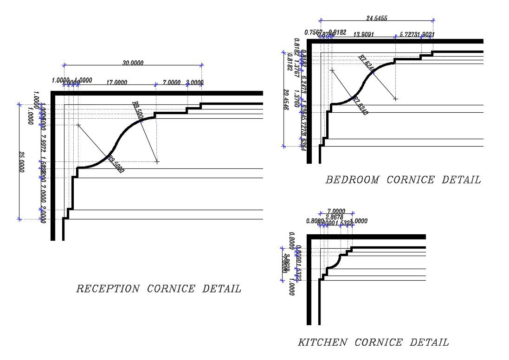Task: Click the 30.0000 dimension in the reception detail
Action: click(133, 63)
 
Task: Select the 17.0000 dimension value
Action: click(116, 83)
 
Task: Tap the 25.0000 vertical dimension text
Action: click(21, 162)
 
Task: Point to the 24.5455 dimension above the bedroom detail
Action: click(376, 19)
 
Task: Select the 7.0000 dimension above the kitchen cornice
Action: click(335, 211)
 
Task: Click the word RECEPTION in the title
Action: click(107, 289)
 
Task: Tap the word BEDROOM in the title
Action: click(352, 180)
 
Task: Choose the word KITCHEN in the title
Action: click(322, 342)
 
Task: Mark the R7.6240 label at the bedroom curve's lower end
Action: click(361, 106)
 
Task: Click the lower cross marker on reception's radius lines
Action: click(157, 161)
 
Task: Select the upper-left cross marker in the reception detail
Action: click(78, 125)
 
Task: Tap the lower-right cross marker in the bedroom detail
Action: click(395, 98)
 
